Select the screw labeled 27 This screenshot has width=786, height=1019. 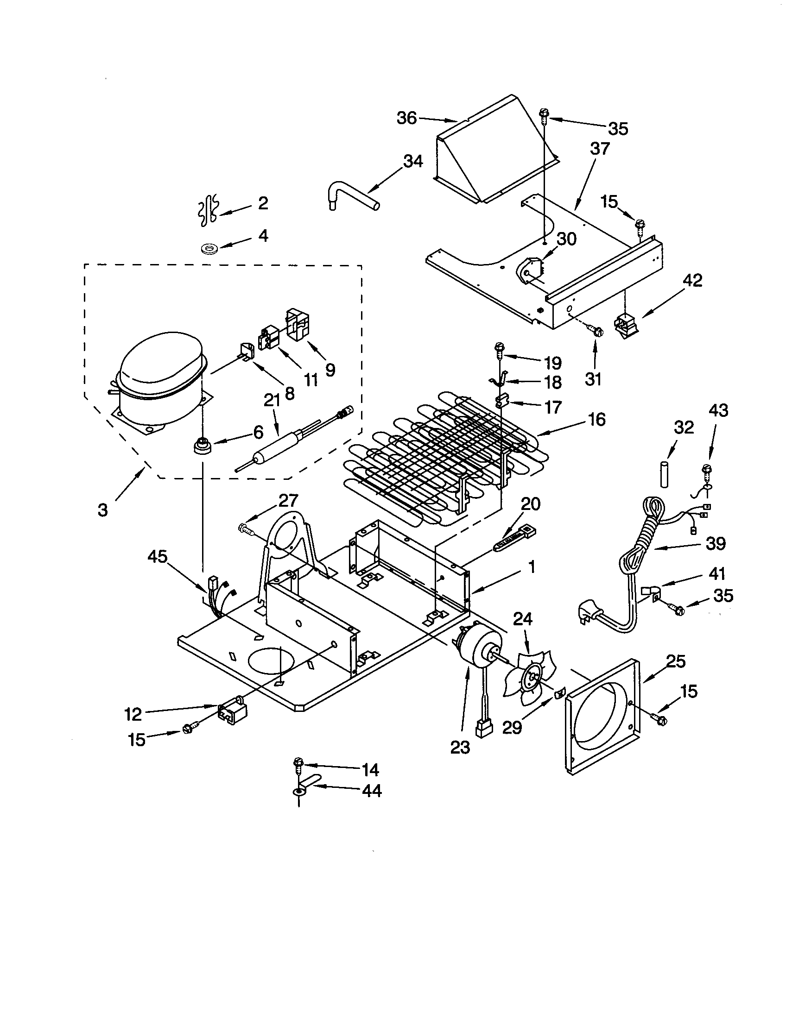point(246,528)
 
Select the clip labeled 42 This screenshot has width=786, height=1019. point(626,323)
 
